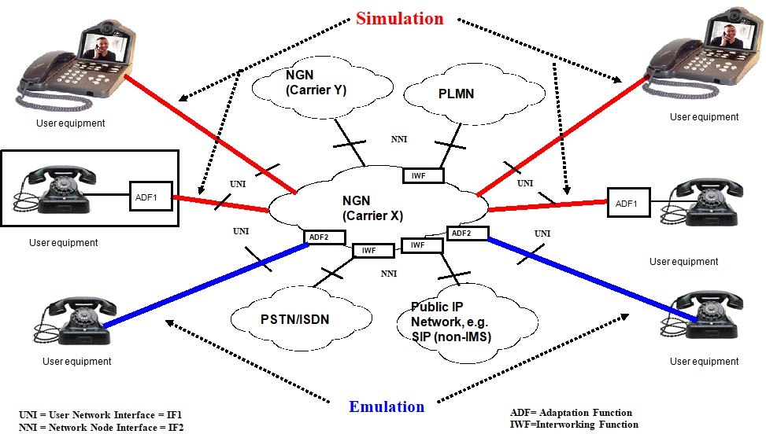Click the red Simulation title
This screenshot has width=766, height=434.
(400, 19)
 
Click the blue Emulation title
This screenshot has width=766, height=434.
(387, 406)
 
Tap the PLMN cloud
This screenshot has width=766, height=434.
(473, 94)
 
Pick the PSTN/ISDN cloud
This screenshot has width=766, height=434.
(301, 319)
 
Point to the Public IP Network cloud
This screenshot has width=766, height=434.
(467, 323)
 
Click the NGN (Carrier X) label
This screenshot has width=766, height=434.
(372, 208)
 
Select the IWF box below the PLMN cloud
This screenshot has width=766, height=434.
(423, 175)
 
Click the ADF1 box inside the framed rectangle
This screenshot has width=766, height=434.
(151, 197)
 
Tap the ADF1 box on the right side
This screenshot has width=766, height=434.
(629, 203)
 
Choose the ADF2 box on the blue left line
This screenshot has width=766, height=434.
(324, 237)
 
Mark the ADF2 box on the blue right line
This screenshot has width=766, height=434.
(468, 234)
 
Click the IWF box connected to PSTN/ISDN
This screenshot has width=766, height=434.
(373, 251)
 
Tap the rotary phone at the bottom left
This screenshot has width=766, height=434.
(77, 321)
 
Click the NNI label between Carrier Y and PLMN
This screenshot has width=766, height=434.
(399, 139)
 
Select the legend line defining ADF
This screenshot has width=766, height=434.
(571, 413)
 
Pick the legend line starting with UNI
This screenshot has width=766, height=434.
(101, 415)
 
